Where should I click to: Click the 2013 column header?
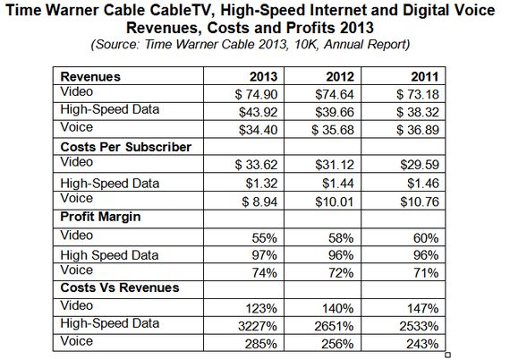[x=263, y=77]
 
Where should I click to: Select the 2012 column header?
[x=340, y=77]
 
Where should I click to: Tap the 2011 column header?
[x=425, y=77]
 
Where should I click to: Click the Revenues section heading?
[x=90, y=77]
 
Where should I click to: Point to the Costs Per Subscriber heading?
[x=126, y=147]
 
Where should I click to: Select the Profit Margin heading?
[x=100, y=217]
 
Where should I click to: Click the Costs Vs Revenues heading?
[x=120, y=287]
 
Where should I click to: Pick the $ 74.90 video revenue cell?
[x=256, y=94]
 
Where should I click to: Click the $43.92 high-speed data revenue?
[x=259, y=112]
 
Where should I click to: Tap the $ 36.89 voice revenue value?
[x=418, y=130]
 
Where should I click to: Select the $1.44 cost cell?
[x=338, y=184]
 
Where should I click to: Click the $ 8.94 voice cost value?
[x=259, y=201]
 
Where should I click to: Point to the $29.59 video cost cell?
[x=420, y=165]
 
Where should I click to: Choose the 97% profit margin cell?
[x=265, y=255]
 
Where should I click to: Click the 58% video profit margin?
[x=341, y=238]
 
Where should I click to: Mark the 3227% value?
[x=258, y=326]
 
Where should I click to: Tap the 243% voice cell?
[x=422, y=344]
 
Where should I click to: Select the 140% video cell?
[x=338, y=308]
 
